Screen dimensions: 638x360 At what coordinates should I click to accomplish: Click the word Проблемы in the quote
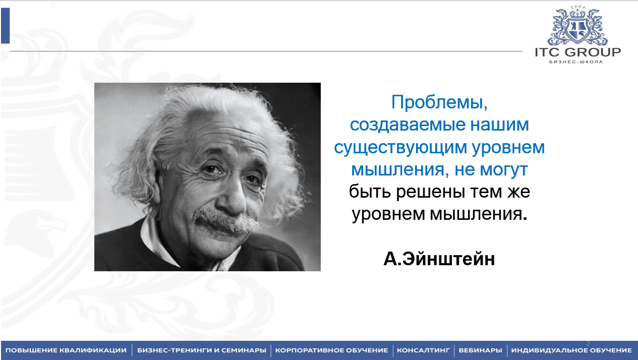point(439,102)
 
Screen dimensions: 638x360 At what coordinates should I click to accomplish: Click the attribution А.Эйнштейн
point(439,259)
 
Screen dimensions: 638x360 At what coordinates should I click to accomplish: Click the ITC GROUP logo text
point(578,52)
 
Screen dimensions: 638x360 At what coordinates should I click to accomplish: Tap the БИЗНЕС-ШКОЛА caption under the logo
point(576,62)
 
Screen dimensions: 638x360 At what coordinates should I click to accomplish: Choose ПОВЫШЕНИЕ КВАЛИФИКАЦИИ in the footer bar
point(66,350)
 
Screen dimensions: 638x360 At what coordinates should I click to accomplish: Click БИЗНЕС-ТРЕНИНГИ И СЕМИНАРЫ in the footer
point(202,350)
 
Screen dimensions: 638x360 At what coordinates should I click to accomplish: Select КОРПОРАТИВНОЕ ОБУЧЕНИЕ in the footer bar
point(331,350)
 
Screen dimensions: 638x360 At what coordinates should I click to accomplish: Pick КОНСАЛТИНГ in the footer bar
point(423,350)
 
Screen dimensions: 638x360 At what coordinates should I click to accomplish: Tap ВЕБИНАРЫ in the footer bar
point(480,350)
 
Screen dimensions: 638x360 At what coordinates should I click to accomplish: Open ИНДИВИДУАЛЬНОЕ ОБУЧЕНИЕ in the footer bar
point(571,350)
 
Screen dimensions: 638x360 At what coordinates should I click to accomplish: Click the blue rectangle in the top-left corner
point(6,26)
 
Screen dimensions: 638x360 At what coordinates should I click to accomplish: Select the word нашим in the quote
point(500,125)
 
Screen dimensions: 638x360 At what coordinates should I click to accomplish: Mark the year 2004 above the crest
point(577,7)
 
